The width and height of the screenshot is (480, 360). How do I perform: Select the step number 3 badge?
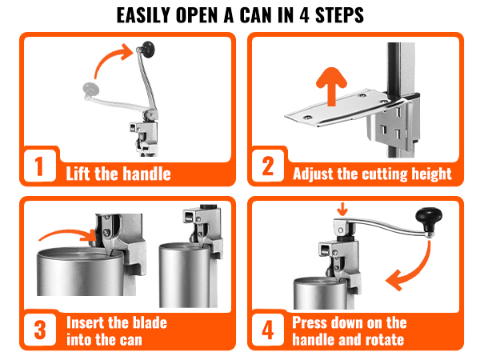[37, 329]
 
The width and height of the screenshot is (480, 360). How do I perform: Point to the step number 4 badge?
[267, 329]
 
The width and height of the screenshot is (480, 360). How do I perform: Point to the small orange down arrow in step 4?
[343, 210]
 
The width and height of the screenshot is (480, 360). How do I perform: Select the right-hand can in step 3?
[189, 276]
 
